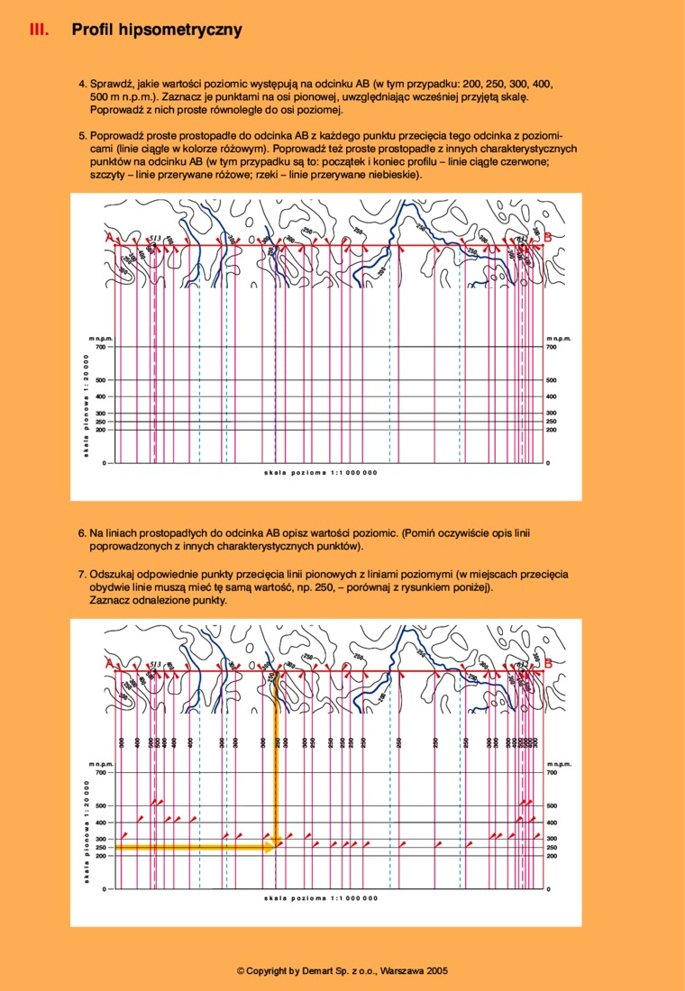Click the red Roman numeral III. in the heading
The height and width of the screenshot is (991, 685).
point(39,30)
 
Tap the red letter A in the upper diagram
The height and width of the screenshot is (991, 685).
point(109,237)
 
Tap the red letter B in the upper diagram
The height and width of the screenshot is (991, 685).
point(548,237)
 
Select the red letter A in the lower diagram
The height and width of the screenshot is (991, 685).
point(109,664)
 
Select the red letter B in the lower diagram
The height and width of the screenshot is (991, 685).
point(548,664)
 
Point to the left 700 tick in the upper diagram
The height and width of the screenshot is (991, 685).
point(100,347)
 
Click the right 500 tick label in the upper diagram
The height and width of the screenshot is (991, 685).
point(552,380)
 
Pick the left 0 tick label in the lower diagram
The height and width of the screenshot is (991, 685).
point(105,890)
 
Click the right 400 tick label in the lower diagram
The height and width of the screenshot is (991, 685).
point(552,823)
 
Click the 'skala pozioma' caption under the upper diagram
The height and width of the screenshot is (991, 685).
point(320,472)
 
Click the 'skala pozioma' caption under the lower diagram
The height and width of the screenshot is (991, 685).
point(320,898)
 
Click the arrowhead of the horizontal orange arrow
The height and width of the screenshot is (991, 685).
point(272,848)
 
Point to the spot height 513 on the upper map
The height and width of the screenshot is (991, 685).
point(154,237)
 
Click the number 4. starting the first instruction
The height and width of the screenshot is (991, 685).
point(82,83)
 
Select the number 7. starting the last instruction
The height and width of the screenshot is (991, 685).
point(82,574)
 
